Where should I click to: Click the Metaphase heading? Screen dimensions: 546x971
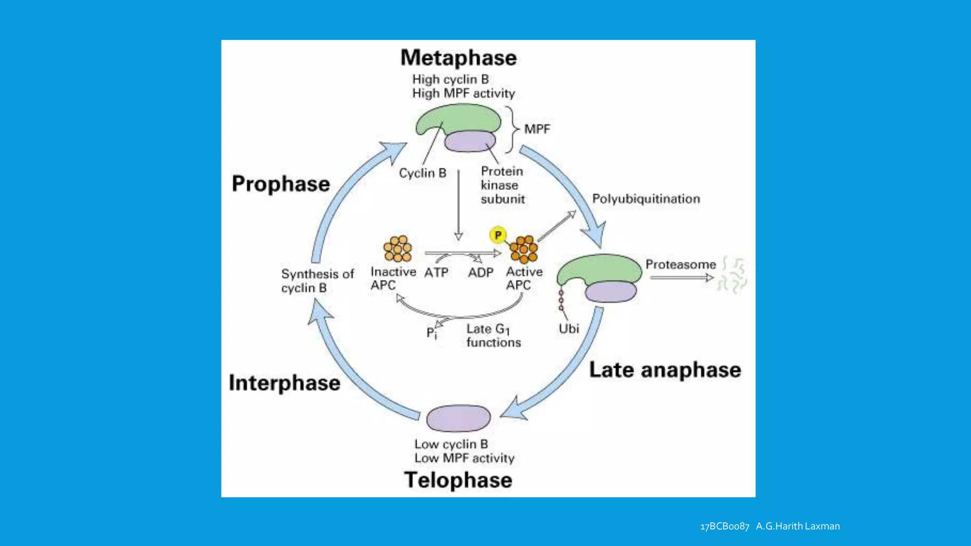coord(458,58)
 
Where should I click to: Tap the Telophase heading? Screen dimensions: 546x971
coord(458,480)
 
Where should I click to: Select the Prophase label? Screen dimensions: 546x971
coord(281,184)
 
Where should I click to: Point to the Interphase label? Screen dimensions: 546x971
coord(284,383)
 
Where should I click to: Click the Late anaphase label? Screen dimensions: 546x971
coord(665,370)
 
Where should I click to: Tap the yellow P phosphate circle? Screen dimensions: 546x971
coord(498,235)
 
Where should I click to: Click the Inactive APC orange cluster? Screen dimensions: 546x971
coord(398,249)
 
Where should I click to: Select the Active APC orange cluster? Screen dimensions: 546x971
coord(524,249)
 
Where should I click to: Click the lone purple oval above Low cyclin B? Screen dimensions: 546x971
coord(458,418)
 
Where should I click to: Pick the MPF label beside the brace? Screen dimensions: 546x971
coord(537,129)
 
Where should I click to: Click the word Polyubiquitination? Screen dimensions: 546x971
coord(646,199)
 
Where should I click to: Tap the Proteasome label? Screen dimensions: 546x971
coord(680,264)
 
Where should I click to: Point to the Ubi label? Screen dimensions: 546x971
coord(568,328)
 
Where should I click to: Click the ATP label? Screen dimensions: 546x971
coord(436,273)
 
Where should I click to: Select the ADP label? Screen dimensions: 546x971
coord(480,273)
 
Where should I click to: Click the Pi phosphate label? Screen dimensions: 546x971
coord(431,333)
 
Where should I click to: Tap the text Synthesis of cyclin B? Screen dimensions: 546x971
coord(317,281)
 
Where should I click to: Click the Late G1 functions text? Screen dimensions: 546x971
coord(493,335)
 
